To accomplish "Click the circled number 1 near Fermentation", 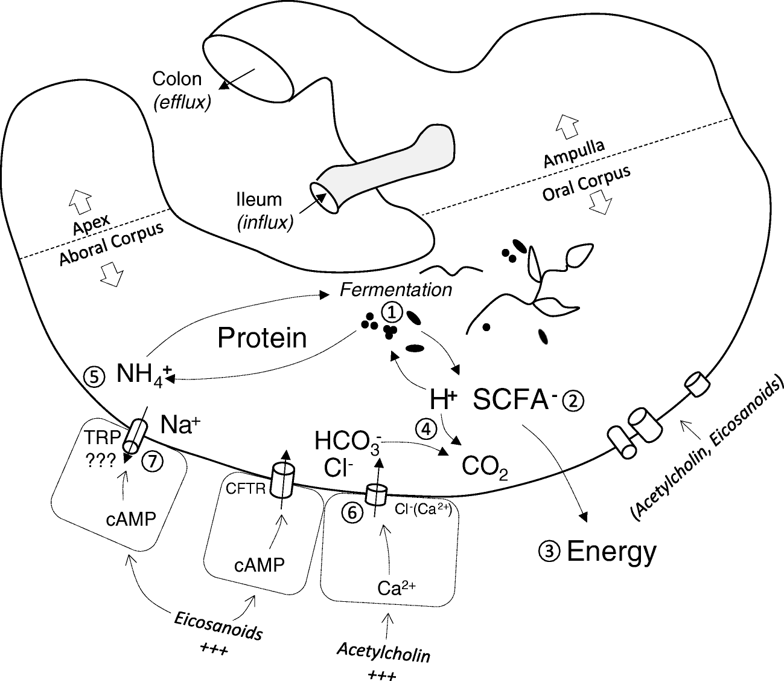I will (x=391, y=312).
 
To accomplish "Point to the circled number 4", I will (x=425, y=428).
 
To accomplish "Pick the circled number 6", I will (x=352, y=511).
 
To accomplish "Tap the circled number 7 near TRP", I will (x=153, y=462).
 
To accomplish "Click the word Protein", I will (x=262, y=338).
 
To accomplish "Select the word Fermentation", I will (x=395, y=290).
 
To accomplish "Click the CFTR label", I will (x=246, y=488).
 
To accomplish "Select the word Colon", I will (x=176, y=79).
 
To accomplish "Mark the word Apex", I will (x=91, y=225).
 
